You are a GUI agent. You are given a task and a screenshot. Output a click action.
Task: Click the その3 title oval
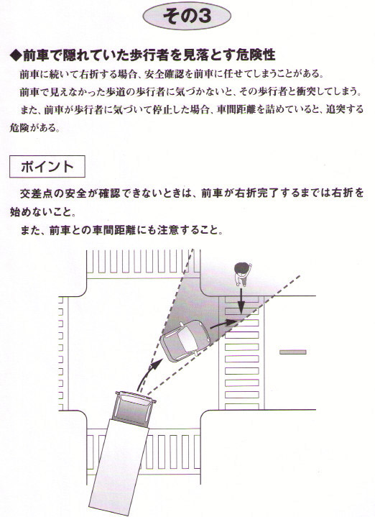[187, 16]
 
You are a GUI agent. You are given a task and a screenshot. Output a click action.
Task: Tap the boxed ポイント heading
[47, 167]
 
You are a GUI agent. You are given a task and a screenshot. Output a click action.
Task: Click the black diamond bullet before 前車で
[16, 55]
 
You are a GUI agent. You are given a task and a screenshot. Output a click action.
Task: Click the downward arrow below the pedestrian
[241, 301]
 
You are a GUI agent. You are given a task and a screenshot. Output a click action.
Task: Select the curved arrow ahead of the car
[224, 324]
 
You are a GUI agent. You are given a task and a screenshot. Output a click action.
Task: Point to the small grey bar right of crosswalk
[292, 352]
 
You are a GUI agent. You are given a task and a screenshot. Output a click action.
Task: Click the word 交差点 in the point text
[36, 193]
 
